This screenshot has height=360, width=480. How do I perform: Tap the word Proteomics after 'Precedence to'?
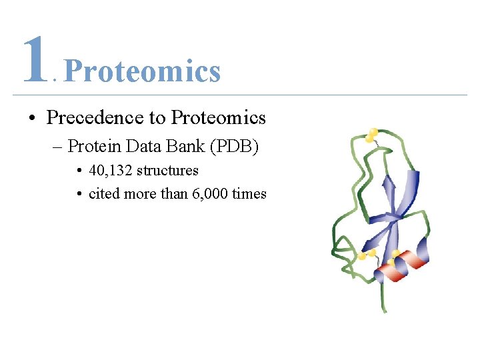tap(218, 118)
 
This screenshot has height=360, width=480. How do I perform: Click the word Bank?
tap(189, 145)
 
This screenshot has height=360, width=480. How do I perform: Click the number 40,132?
tap(111, 171)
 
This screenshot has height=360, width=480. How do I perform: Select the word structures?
tap(167, 171)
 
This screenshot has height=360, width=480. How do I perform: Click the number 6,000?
tap(207, 194)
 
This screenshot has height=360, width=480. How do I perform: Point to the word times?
tap(249, 194)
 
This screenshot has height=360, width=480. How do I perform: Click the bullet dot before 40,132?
tap(79, 171)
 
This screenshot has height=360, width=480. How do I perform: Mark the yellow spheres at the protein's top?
tap(371, 135)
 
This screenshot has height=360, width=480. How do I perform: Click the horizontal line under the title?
tap(240, 95)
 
